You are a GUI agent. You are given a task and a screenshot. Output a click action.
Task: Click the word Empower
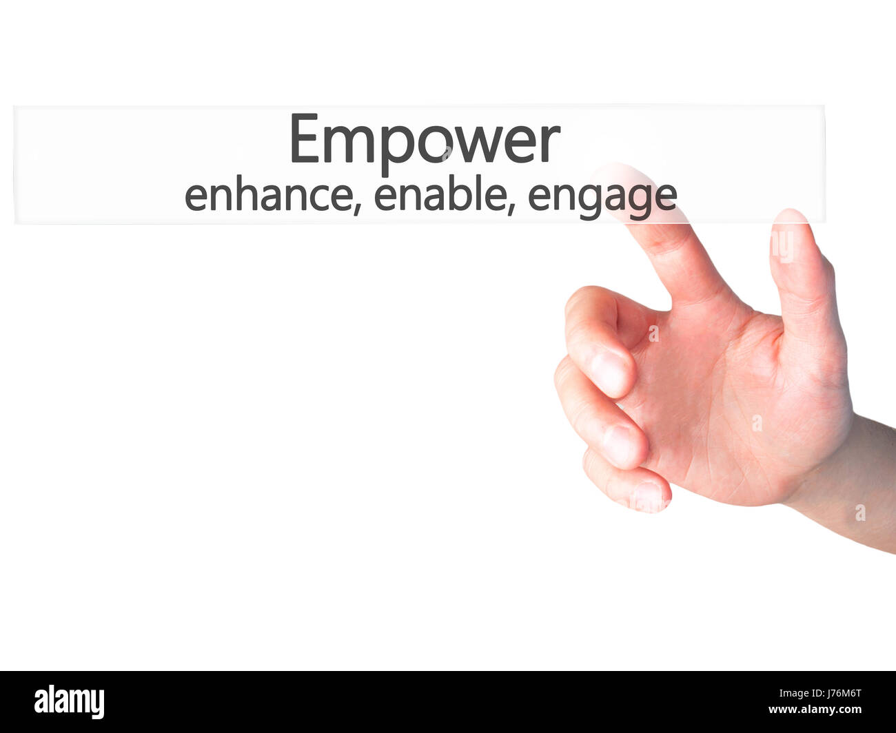pyautogui.click(x=424, y=141)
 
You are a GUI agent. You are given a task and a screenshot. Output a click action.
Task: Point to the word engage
pyautogui.click(x=602, y=197)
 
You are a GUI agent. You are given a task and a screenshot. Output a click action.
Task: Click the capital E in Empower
pyautogui.click(x=304, y=139)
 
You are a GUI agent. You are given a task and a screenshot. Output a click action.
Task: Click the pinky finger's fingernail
pyautogui.click(x=648, y=496)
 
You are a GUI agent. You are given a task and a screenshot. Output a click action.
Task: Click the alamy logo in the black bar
pyautogui.click(x=69, y=702)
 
